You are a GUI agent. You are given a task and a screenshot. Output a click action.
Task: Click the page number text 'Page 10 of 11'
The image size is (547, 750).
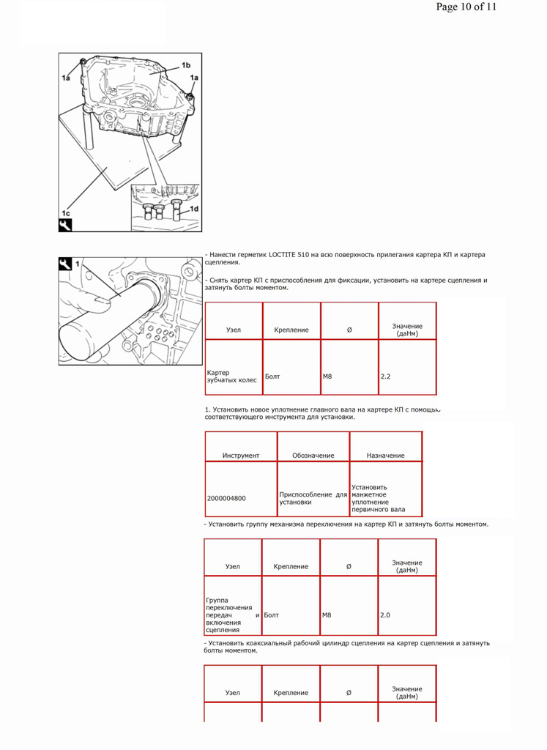tap(466, 7)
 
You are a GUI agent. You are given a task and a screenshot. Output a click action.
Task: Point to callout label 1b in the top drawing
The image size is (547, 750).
tap(186, 65)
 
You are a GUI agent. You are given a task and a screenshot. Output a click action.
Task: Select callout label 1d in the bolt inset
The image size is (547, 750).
tap(194, 209)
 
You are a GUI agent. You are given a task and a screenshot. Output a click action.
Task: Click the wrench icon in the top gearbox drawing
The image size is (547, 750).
tap(66, 225)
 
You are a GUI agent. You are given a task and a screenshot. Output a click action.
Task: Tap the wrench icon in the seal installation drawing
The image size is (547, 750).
tap(66, 264)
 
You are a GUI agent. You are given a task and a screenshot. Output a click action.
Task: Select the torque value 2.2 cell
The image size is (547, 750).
tap(386, 376)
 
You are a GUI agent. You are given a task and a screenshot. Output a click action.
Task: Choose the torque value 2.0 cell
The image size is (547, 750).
tap(385, 615)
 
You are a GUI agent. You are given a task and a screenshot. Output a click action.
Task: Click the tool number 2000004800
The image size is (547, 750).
tap(226, 498)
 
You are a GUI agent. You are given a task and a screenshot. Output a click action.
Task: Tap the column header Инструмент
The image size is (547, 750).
tap(241, 456)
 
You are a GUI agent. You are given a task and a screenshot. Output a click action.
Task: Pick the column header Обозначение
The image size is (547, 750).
tap(313, 456)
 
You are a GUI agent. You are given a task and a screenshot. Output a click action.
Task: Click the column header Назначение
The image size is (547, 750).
tap(386, 456)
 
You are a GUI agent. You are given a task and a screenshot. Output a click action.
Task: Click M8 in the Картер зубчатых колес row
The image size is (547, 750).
tap(327, 376)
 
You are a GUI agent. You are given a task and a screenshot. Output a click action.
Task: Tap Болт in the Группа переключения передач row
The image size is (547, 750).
tap(271, 615)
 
